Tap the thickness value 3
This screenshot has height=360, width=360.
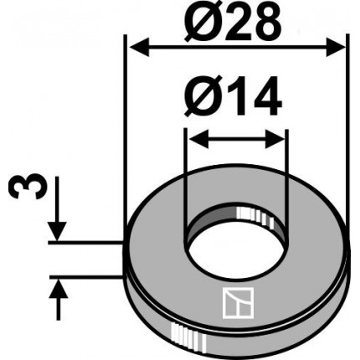click(x=23, y=186)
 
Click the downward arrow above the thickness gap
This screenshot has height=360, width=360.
click(x=58, y=229)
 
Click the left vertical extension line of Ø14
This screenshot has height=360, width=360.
click(x=185, y=167)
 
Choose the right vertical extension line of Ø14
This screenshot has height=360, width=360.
click(x=287, y=167)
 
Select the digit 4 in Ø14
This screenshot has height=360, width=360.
click(x=264, y=102)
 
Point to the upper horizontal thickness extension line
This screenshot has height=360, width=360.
click(x=84, y=243)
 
